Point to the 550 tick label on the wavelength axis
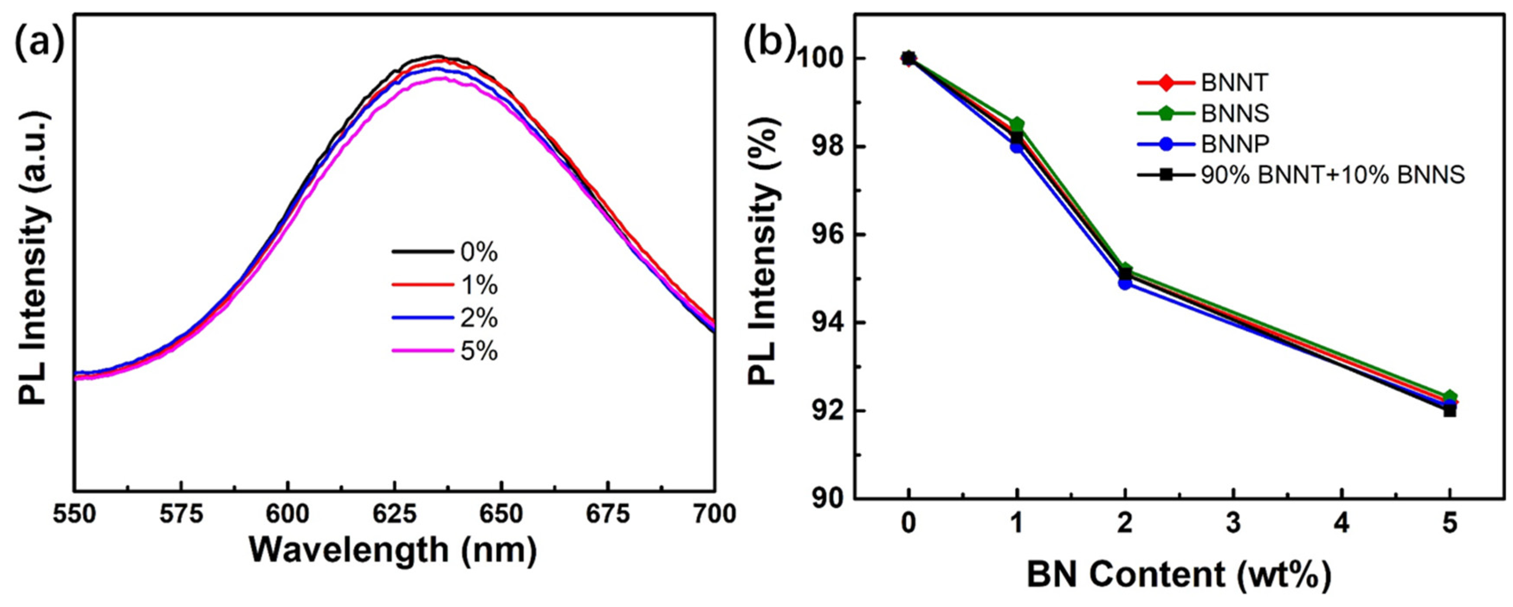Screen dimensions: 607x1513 tap(74, 515)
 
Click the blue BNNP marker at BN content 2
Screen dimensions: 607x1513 tap(1125, 283)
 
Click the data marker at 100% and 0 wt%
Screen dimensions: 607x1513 tap(908, 58)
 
